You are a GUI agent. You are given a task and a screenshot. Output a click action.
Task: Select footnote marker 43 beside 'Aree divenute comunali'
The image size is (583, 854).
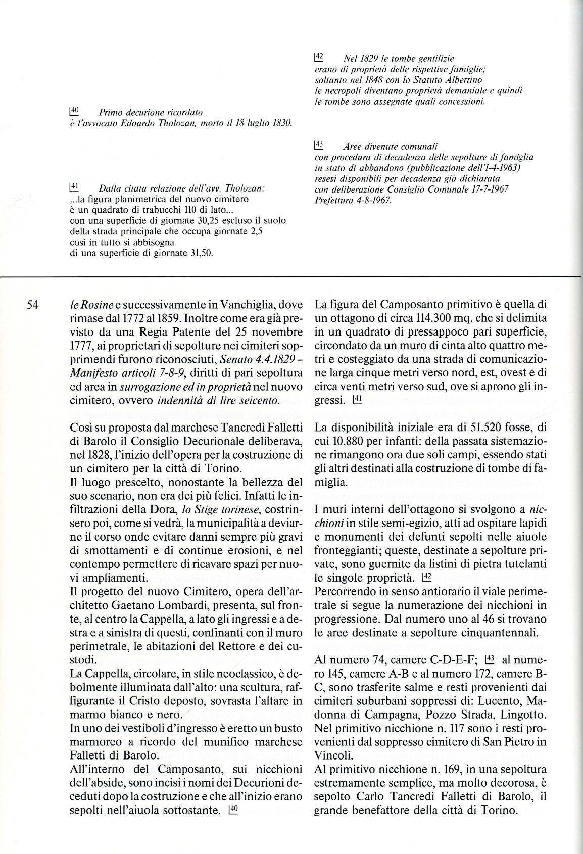coord(319,145)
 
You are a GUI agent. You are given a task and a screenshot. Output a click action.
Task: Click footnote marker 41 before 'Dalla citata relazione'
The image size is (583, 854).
coord(74,187)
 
